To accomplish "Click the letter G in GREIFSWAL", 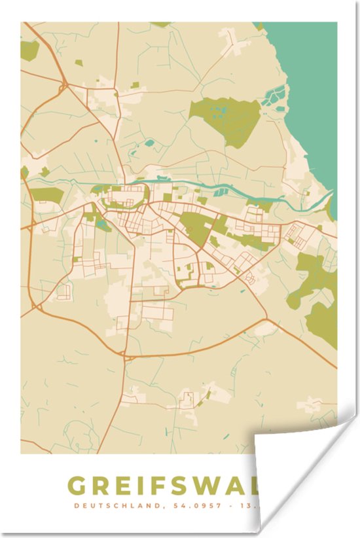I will tap(79, 486).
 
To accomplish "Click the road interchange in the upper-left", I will tap(64, 86).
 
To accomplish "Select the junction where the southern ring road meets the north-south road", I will tap(125, 357).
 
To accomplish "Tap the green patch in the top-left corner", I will tap(29, 50).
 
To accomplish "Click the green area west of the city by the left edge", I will tap(46, 195).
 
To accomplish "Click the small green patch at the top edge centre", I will tap(161, 24).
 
